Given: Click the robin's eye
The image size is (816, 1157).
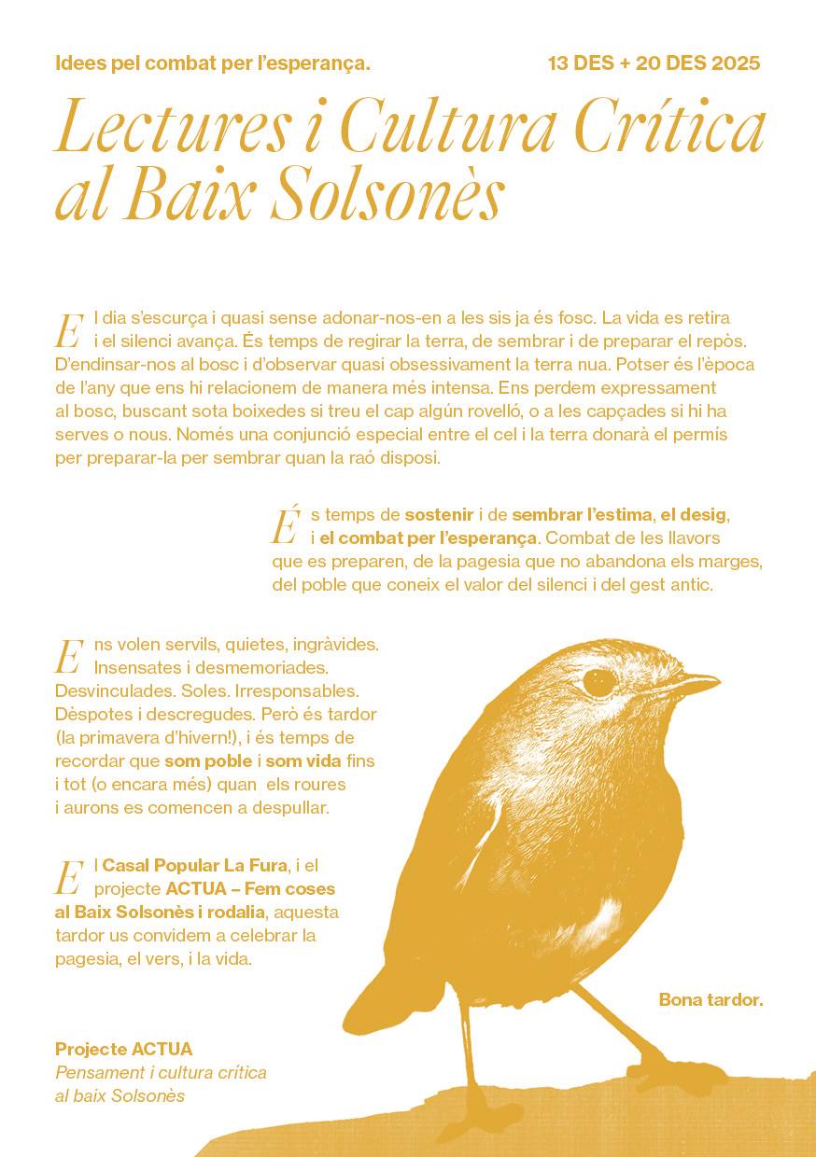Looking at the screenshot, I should [598, 682].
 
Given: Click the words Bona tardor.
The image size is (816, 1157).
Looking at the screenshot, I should [710, 999].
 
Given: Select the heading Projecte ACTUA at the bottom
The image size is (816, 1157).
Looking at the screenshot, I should [123, 1049].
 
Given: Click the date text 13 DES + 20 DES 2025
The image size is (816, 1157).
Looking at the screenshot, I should [654, 63].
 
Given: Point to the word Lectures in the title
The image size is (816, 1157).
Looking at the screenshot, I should [172, 131].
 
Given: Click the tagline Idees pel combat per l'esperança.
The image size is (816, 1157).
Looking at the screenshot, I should [213, 63].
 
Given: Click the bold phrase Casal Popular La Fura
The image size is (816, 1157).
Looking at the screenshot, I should [194, 865].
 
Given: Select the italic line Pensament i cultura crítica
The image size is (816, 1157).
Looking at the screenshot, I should [161, 1072].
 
